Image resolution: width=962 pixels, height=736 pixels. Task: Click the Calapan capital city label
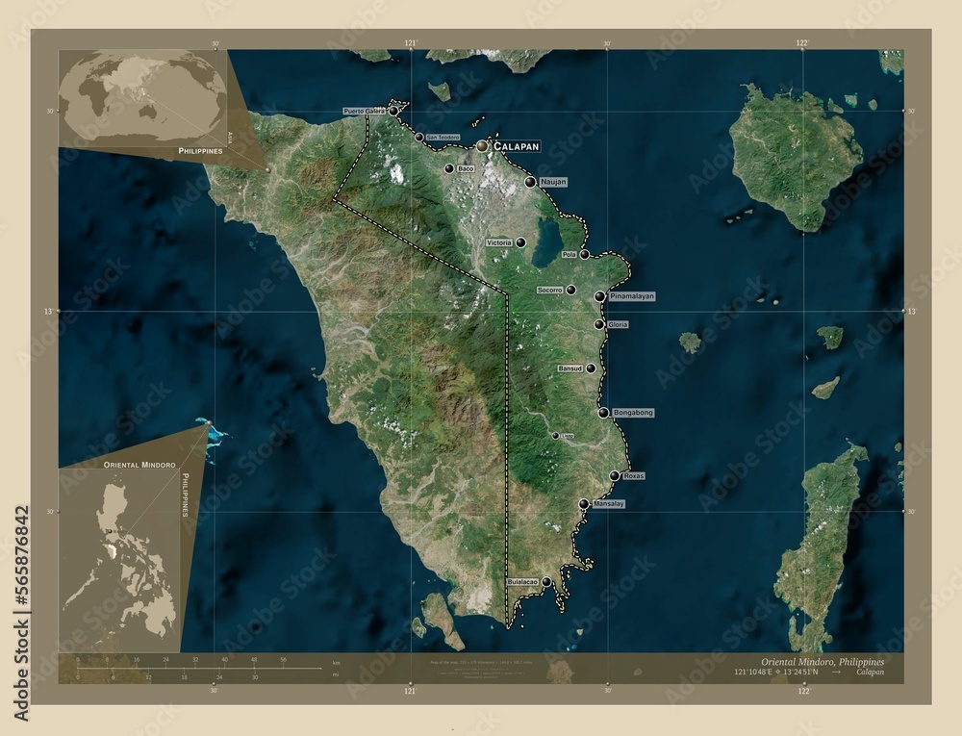tap(516, 146)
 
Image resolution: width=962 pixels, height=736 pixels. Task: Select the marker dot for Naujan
tap(530, 182)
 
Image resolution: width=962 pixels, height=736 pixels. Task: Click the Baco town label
tap(467, 169)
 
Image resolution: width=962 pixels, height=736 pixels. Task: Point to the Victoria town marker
tap(520, 242)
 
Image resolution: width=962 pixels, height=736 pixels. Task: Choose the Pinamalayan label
tap(632, 296)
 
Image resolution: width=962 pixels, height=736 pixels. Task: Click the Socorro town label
tap(549, 290)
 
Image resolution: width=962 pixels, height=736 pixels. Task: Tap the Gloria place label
tap(618, 325)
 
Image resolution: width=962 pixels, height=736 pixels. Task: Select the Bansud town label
tap(570, 368)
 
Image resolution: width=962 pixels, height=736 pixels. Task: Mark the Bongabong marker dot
tap(603, 413)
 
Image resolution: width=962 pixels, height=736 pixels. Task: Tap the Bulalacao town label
tap(521, 582)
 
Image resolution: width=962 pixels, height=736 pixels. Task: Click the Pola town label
tap(569, 255)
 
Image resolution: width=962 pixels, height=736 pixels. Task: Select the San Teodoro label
tap(443, 138)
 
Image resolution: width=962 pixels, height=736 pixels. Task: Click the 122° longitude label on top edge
tap(802, 43)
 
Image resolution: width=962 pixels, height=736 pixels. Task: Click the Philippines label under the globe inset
tap(200, 151)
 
